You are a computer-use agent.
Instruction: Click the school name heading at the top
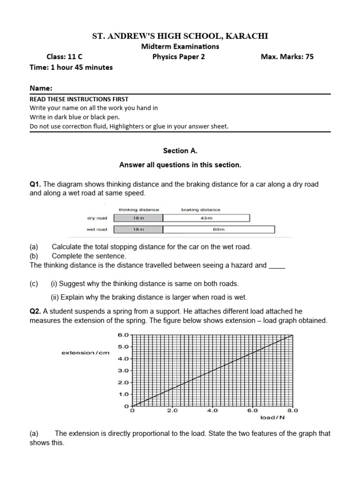click(x=180, y=36)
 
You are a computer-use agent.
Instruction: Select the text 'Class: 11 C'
click(x=64, y=57)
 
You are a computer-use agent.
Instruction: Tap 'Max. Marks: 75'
click(x=287, y=57)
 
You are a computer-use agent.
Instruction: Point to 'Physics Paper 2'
click(x=179, y=57)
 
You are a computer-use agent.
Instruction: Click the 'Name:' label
click(x=41, y=88)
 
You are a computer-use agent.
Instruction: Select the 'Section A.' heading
click(x=180, y=150)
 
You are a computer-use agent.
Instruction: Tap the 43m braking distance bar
click(x=206, y=218)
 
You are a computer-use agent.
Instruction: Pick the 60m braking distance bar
click(x=219, y=229)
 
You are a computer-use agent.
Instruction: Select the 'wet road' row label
click(x=97, y=229)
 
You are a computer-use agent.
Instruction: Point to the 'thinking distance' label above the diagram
click(x=138, y=210)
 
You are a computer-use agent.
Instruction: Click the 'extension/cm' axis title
click(x=85, y=353)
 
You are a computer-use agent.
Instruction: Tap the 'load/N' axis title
click(x=272, y=418)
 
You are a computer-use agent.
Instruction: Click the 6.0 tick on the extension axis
click(x=122, y=335)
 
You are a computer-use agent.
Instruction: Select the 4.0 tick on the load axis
click(x=212, y=411)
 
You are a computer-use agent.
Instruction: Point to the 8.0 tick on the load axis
click(x=292, y=411)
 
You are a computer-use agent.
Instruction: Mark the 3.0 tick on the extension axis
click(x=122, y=370)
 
